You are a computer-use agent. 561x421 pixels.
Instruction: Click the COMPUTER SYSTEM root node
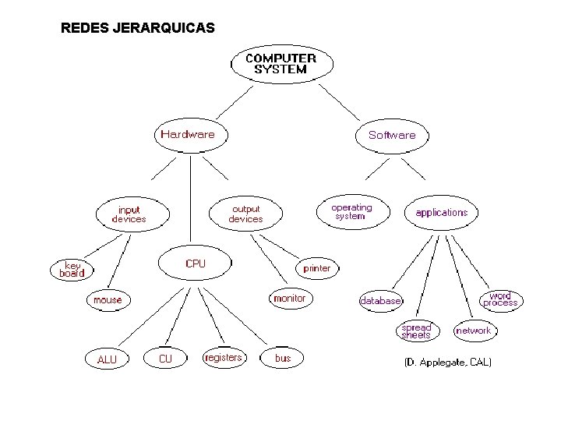coord(280,63)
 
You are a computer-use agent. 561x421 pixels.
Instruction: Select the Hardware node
coord(187,134)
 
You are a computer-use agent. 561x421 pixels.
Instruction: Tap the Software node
coord(392,135)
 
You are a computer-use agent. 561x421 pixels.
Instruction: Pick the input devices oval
coord(129,214)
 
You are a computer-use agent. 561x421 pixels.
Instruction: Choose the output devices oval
coord(245,214)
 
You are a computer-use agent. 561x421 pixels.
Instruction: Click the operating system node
coord(352,211)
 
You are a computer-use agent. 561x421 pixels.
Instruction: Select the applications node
coord(442,212)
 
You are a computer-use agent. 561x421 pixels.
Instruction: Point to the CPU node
coord(196,264)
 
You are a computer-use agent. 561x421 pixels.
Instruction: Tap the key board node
coord(72,269)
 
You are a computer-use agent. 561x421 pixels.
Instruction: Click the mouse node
coord(108,299)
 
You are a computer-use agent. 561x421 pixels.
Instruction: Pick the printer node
coord(317,268)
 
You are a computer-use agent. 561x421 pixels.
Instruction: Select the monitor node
coord(290,298)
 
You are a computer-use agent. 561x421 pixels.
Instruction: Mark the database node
coord(381,300)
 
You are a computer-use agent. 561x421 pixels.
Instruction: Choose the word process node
coord(500,299)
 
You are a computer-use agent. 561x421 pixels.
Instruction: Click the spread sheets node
coord(416,331)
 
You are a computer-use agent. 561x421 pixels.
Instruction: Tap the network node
coord(474,331)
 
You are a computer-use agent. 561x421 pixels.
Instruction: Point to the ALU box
coord(107,359)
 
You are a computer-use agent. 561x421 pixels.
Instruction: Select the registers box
coord(223,358)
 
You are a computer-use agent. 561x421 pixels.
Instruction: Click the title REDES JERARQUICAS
coord(138,29)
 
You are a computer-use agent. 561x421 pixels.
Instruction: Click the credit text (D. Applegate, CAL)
coord(447,363)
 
